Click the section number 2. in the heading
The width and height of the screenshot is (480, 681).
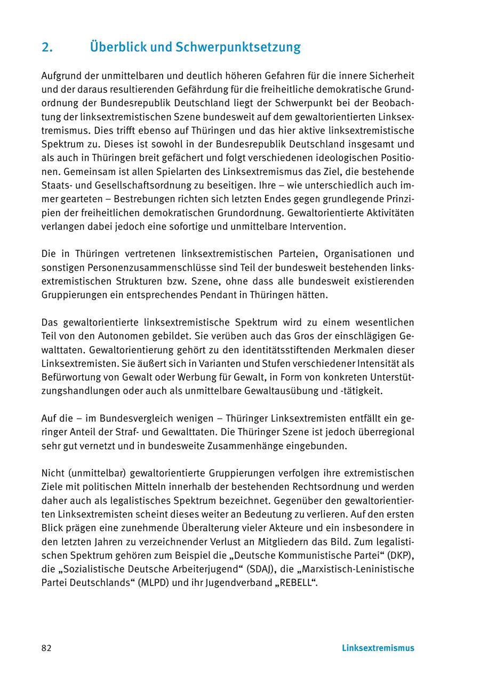pos(47,47)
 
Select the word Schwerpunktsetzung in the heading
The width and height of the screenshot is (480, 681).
pos(238,47)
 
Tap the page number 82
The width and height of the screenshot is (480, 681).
pos(46,648)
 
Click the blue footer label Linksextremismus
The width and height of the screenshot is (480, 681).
pos(378,648)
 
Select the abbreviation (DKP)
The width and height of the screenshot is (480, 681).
pos(399,556)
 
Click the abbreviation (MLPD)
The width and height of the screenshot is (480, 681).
pos(153,583)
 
